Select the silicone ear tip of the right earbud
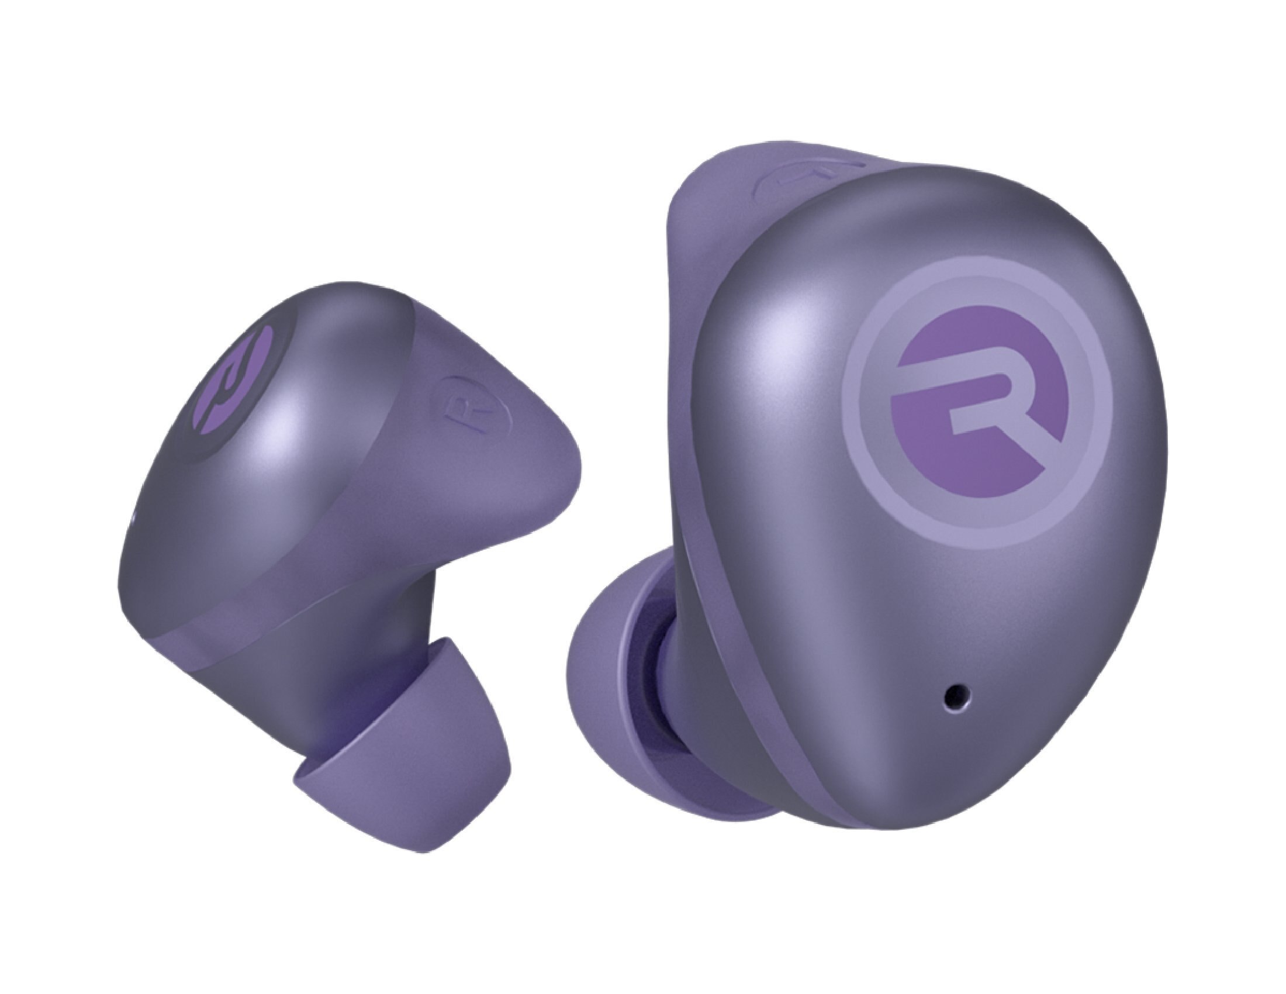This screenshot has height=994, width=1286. tap(607, 695)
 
